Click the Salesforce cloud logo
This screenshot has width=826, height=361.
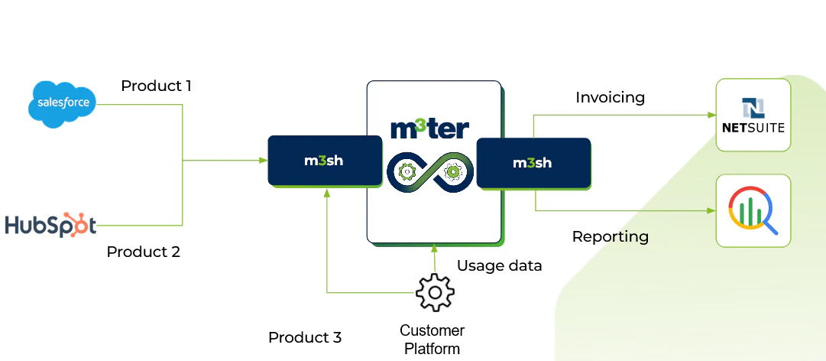63,102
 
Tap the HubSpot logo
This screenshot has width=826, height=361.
50,225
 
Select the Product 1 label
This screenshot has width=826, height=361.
156,86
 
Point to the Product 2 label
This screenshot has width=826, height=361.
143,252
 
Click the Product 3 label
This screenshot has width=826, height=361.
304,337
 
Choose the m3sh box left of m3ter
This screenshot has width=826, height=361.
325,161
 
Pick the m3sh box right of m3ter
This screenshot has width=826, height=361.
533,162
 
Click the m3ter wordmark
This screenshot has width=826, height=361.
429,128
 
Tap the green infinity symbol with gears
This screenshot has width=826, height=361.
430,172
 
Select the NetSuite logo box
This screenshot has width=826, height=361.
753,115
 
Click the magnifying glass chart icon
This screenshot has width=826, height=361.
753,210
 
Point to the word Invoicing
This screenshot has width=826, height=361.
610,98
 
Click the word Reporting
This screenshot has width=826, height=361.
610,237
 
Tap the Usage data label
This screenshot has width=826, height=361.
499,266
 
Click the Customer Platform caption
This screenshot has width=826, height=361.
432,340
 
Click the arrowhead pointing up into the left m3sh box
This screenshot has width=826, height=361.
326,193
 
